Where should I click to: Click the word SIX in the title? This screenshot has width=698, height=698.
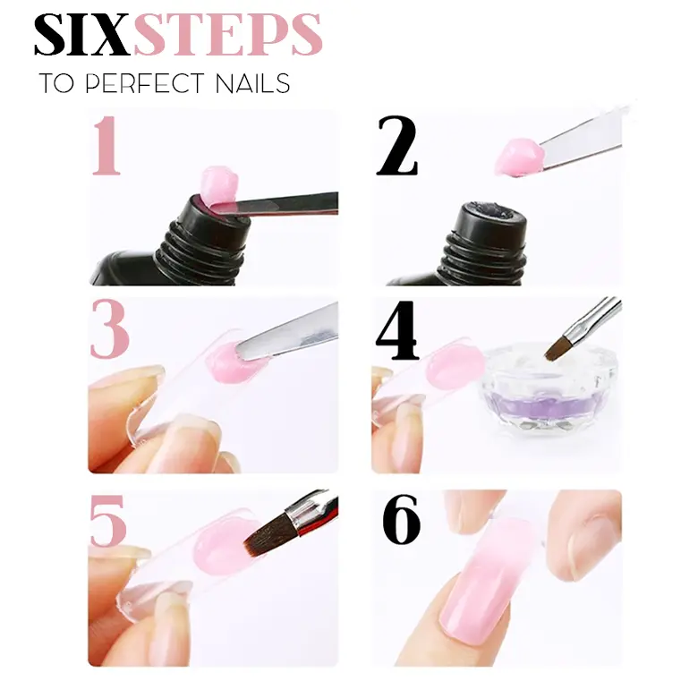[82, 35]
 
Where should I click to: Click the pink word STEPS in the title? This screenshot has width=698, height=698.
[227, 35]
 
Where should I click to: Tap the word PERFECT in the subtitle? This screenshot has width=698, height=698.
[144, 83]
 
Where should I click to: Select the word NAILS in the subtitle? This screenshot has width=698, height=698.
[252, 83]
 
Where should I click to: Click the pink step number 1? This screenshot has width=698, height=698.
[106, 145]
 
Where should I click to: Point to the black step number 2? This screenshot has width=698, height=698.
[396, 146]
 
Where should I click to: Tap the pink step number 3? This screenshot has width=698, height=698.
[109, 329]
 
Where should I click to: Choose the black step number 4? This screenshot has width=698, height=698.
[397, 330]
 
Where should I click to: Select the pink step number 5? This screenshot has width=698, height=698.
[108, 521]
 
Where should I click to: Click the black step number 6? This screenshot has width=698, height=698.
[402, 520]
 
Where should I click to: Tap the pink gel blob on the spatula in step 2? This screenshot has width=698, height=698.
[520, 157]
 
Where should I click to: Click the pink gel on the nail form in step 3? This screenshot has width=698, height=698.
[234, 362]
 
